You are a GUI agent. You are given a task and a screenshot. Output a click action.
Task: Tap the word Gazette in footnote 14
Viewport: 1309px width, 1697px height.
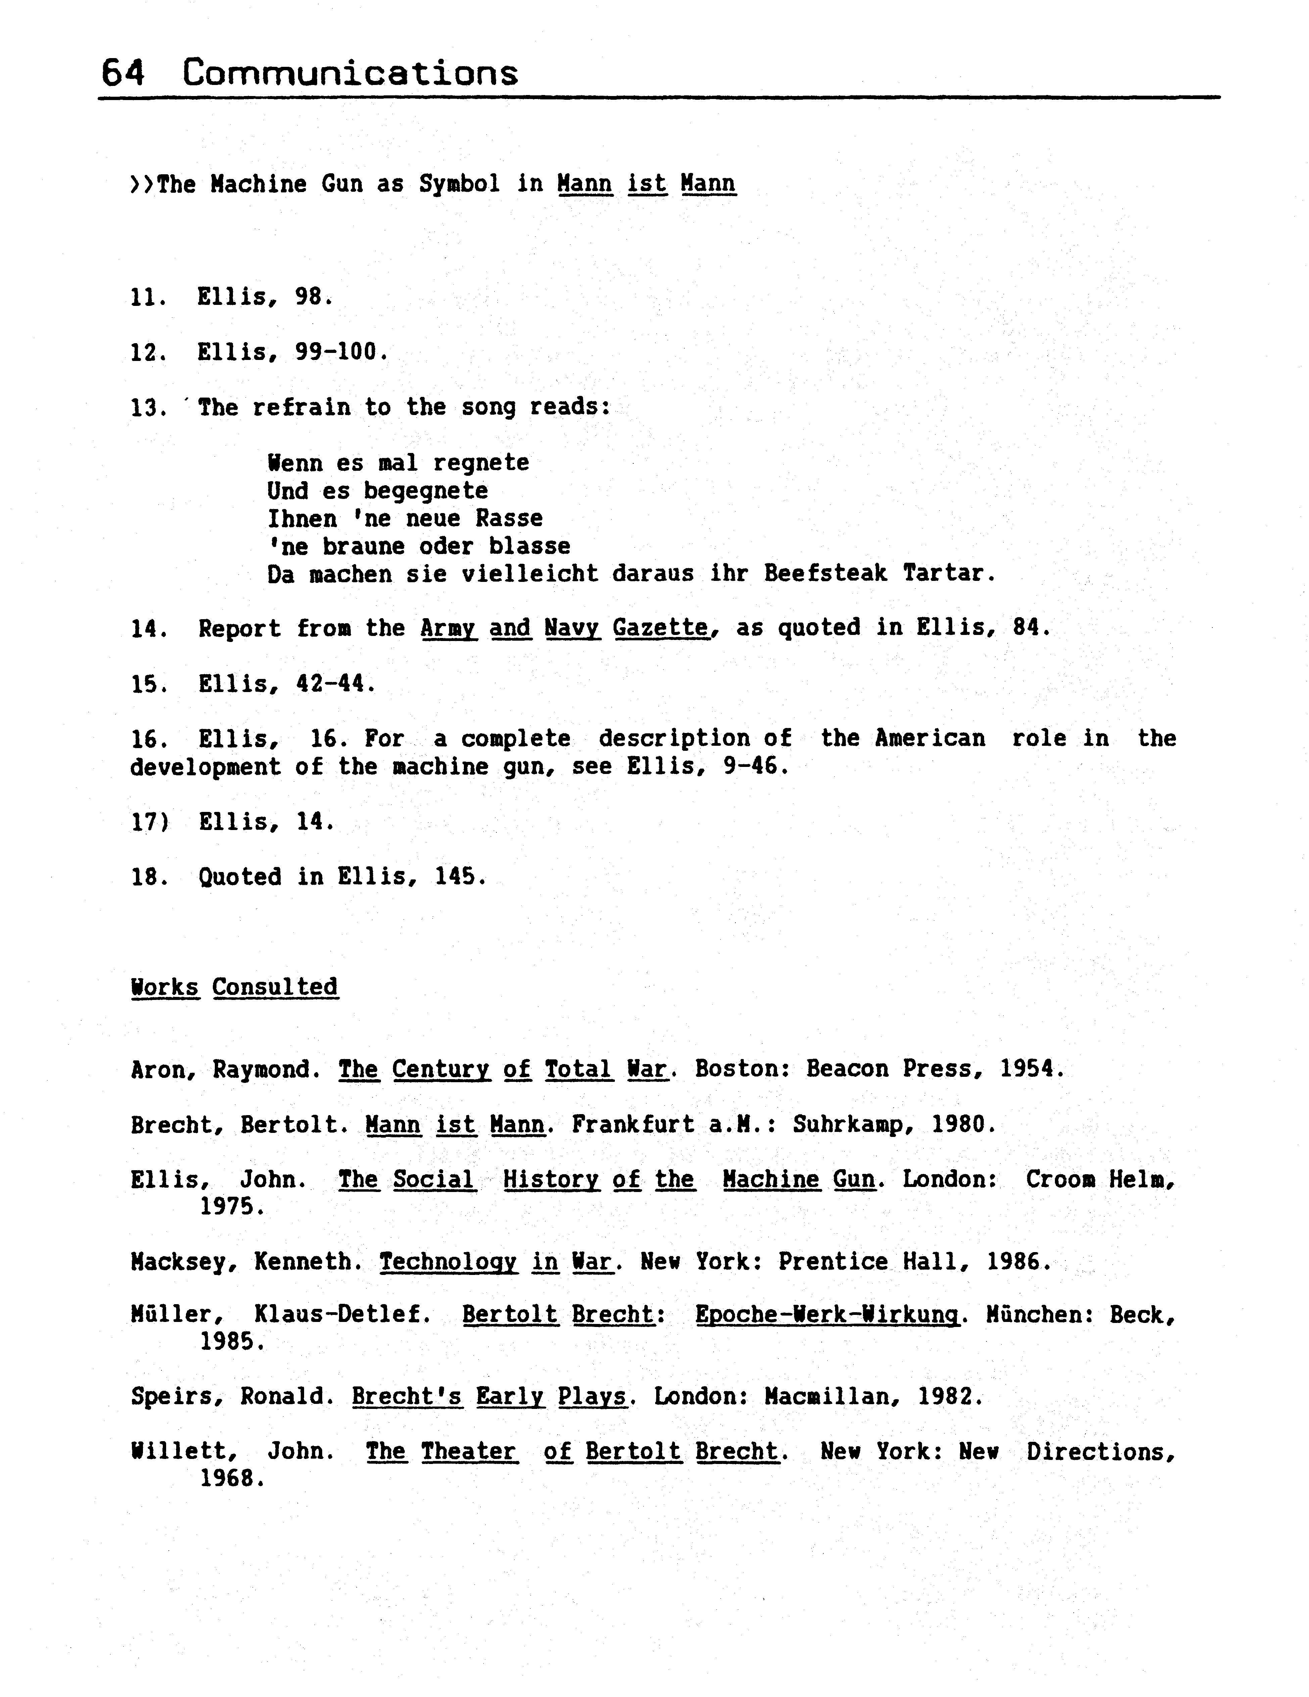(660, 628)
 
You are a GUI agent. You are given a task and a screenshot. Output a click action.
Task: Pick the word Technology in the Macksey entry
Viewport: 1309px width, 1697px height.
(447, 1262)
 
